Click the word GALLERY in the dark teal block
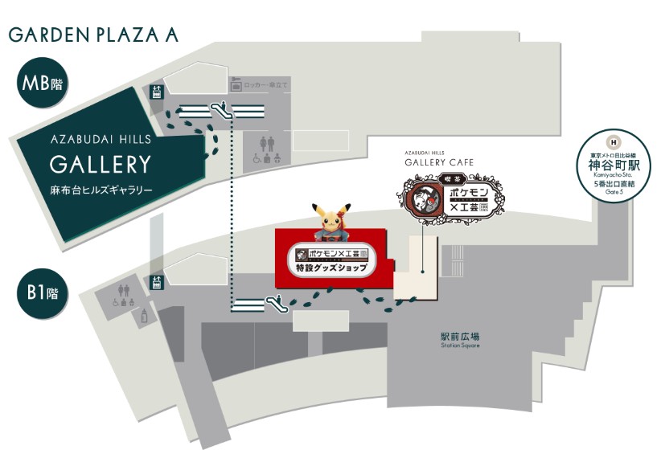(x=101, y=165)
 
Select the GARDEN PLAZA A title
(x=93, y=35)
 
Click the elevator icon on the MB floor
(x=157, y=92)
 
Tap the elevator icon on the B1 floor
(x=157, y=281)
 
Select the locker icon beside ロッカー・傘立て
(x=236, y=85)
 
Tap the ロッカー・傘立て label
(x=266, y=85)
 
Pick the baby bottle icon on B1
(x=145, y=316)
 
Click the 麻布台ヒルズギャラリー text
(x=100, y=190)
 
